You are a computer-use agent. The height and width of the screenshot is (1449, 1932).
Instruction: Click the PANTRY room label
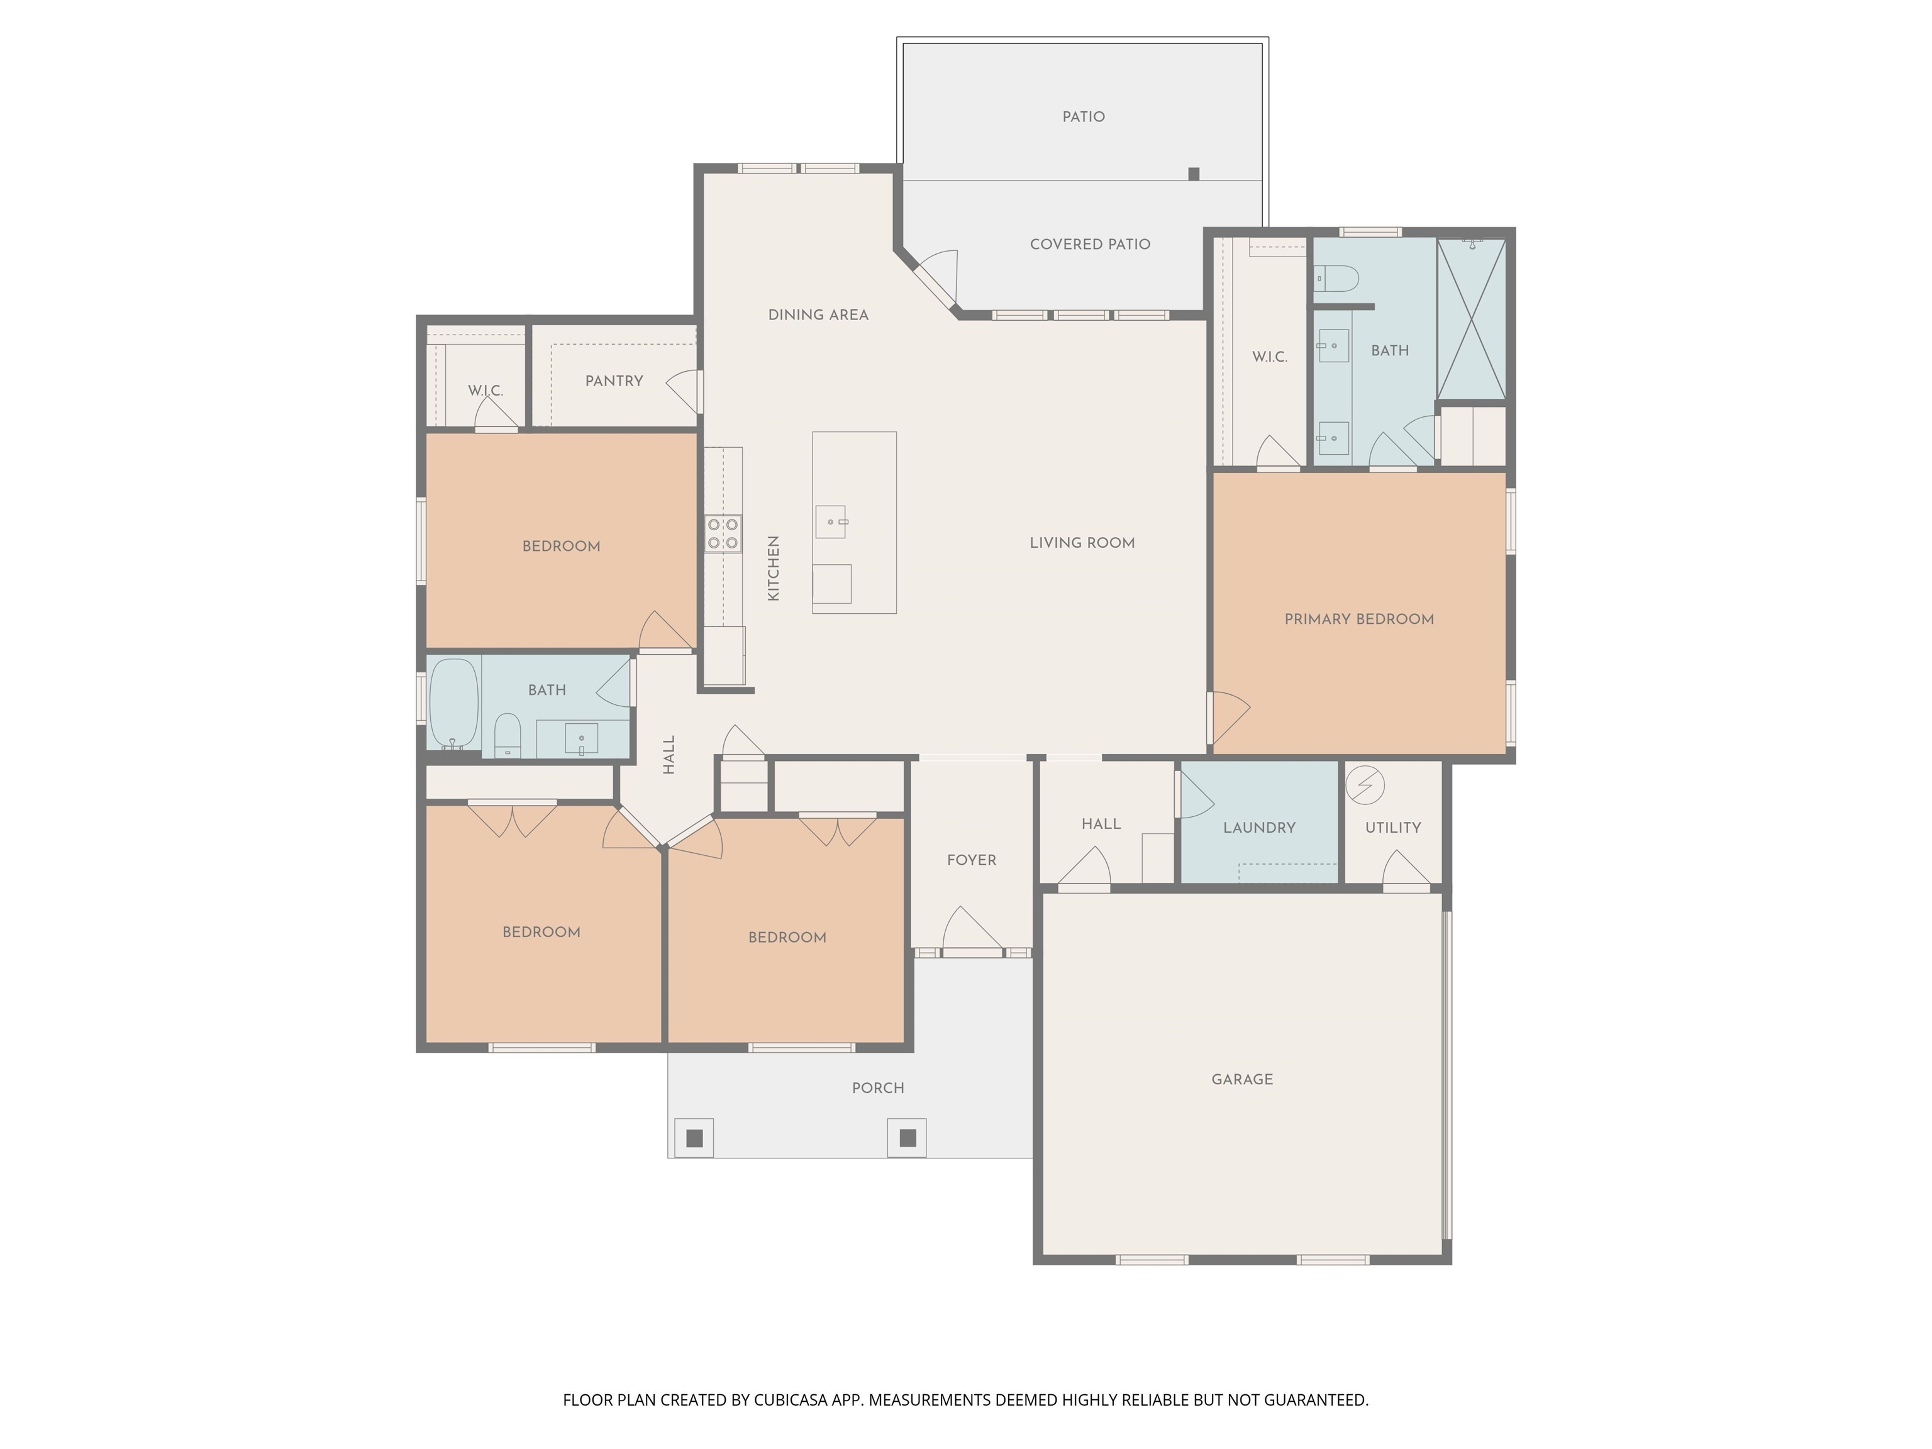(x=614, y=381)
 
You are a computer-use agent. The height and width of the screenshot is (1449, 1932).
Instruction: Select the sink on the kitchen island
(x=831, y=521)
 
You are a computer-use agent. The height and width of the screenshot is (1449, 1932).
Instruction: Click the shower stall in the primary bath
(x=1472, y=318)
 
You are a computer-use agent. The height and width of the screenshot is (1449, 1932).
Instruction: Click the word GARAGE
(x=1242, y=1080)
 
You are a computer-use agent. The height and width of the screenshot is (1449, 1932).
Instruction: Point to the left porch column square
(x=694, y=1138)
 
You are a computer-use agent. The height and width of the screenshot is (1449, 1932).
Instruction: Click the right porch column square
(x=908, y=1138)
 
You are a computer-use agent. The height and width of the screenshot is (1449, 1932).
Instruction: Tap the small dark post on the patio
(x=1194, y=174)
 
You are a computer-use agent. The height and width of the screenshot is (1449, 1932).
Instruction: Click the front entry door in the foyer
(x=972, y=930)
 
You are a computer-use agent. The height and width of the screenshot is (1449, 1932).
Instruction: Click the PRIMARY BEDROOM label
(x=1359, y=619)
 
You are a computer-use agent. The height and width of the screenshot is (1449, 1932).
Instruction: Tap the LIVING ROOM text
(x=1082, y=543)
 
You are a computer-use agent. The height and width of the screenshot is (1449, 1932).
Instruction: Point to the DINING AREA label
(x=818, y=315)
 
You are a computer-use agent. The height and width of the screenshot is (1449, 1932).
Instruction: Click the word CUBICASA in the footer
(x=791, y=1400)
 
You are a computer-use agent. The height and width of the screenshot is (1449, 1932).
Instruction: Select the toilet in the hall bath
(x=508, y=735)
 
